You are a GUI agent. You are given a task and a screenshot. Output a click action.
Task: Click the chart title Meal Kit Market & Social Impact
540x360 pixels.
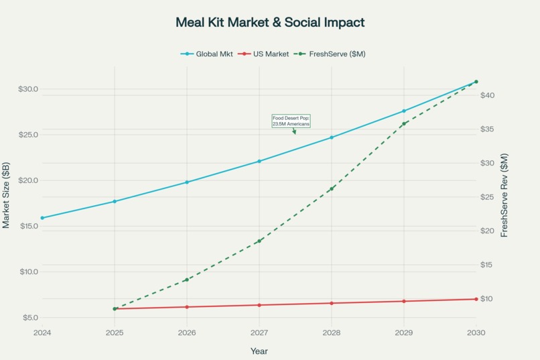[270, 22]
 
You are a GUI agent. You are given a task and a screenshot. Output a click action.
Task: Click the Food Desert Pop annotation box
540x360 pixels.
[291, 121]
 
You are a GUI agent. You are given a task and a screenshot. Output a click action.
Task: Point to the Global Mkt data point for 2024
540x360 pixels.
[42, 218]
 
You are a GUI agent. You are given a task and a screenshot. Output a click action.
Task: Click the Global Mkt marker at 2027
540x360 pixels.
[259, 161]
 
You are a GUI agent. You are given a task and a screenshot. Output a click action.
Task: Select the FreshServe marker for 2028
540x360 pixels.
[332, 189]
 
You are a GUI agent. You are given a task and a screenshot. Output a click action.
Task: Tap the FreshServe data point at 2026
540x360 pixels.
[187, 280]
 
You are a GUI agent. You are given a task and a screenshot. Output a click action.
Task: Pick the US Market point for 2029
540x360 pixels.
[404, 301]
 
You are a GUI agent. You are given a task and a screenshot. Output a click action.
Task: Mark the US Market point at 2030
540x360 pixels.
[476, 299]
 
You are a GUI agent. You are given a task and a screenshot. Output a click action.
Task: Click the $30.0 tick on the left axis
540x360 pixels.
[27, 89]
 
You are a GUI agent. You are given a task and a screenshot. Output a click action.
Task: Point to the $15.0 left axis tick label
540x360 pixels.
[27, 226]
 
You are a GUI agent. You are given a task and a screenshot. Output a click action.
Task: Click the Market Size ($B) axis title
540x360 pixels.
[6, 195]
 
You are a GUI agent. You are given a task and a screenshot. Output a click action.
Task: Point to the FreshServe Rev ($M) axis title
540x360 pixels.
[504, 195]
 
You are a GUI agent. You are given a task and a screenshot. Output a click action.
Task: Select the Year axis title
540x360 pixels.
[259, 351]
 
